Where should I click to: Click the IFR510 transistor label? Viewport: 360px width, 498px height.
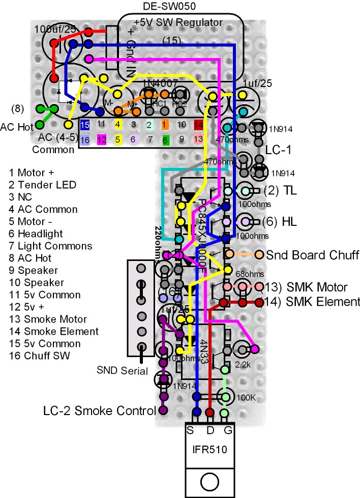tap(209, 450)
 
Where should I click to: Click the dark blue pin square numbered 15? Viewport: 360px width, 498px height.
tap(85, 124)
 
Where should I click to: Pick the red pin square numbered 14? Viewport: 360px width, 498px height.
tap(198, 124)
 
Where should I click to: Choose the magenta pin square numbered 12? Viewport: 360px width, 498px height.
tap(101, 139)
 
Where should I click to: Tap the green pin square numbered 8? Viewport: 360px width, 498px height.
tap(166, 139)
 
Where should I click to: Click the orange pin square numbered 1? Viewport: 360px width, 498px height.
tap(166, 124)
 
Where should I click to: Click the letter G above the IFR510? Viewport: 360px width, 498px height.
tap(226, 430)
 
